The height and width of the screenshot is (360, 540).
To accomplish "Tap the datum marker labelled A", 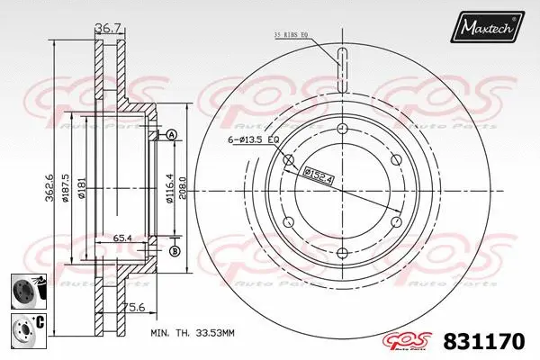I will pos(172,135).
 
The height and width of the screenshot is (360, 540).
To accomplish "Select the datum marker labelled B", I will pos(174,250).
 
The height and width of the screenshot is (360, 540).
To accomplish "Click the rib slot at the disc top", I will pos(341,67).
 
